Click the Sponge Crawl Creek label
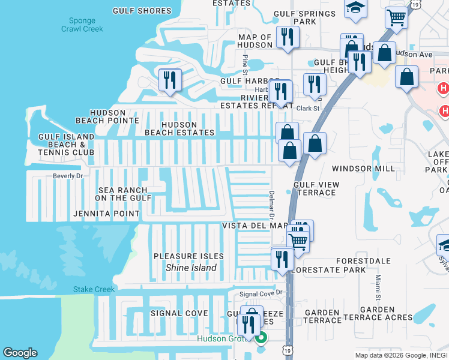click(82, 24)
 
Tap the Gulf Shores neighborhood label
click(146, 11)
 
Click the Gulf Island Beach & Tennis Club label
click(66, 145)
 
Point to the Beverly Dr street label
click(68, 176)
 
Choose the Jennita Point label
click(106, 214)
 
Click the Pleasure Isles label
click(188, 256)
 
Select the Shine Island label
click(191, 268)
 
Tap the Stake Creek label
click(94, 289)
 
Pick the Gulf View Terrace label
click(316, 188)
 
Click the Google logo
click(20, 353)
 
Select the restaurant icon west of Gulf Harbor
click(170, 80)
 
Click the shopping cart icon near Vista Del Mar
click(298, 241)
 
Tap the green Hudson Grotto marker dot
click(261, 338)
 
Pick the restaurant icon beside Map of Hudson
click(288, 37)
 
